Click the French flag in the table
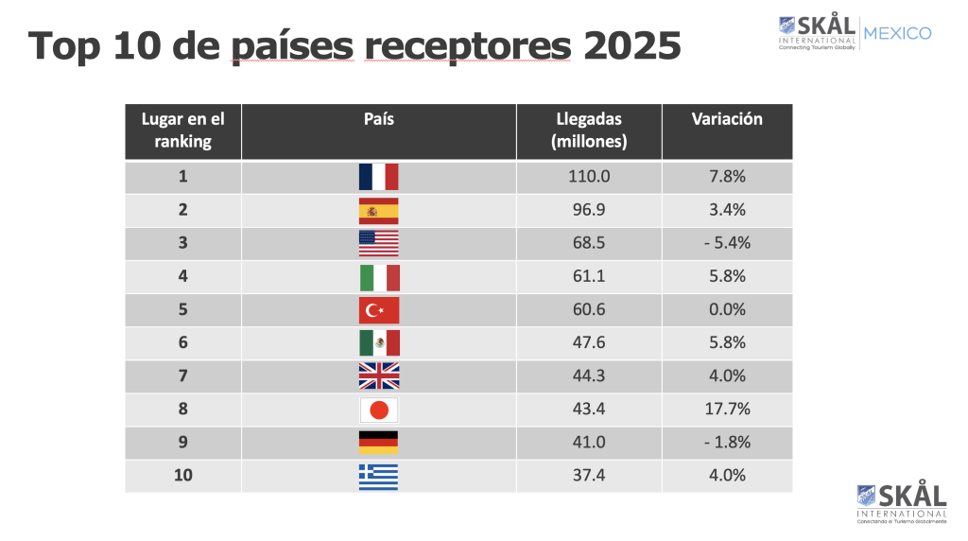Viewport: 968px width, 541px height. (378, 177)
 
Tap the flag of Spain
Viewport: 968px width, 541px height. (378, 210)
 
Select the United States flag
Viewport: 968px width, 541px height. (378, 243)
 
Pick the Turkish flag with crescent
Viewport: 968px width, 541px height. (378, 309)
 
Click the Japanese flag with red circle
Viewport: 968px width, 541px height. (378, 409)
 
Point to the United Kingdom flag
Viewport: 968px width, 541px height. (378, 375)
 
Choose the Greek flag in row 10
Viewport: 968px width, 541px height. (378, 475)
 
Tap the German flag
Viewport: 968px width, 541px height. (378, 442)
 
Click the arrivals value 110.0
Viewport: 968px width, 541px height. (588, 177)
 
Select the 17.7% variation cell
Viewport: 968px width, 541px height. (727, 409)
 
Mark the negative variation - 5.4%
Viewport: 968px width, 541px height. (727, 243)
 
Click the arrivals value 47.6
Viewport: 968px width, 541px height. (588, 342)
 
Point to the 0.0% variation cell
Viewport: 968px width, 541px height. (727, 309)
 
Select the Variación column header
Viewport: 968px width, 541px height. (727, 119)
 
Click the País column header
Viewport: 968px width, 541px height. (378, 119)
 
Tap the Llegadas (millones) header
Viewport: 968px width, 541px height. (588, 131)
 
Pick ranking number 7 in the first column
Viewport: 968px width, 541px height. (182, 375)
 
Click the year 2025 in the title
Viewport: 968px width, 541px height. (631, 45)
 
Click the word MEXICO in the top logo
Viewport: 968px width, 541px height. (897, 34)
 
